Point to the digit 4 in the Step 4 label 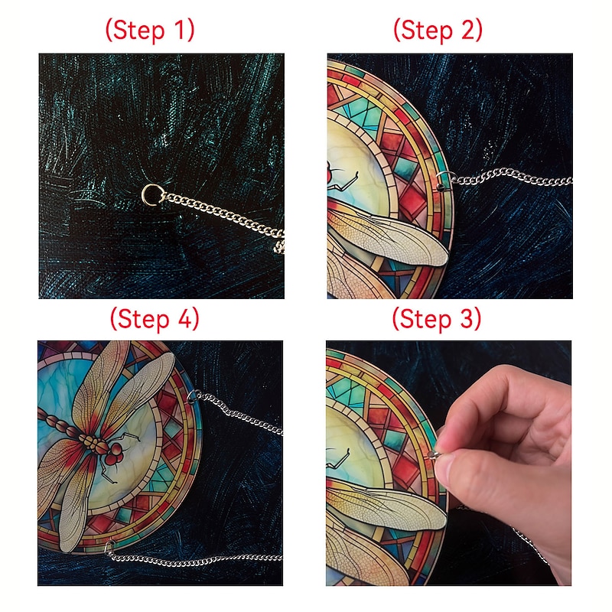(x=185, y=319)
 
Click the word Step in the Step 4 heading (x=144, y=320)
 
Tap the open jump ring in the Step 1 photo (x=151, y=194)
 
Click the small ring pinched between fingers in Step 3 (x=435, y=454)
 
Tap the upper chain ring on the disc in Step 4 (x=193, y=396)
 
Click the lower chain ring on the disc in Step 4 (x=109, y=547)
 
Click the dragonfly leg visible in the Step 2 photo (x=343, y=181)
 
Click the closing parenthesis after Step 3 (x=477, y=320)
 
